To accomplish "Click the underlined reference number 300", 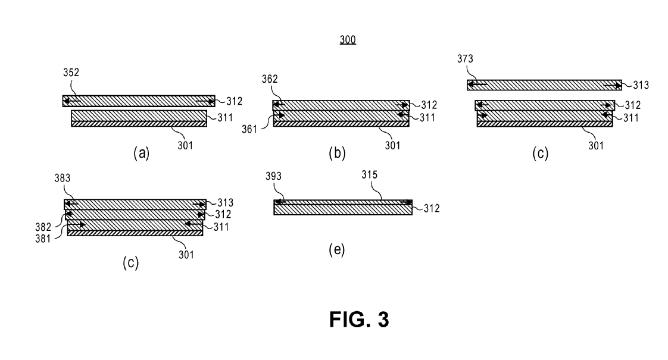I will tap(348, 41).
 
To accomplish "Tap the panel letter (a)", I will tap(141, 154).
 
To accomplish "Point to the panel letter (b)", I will tap(337, 154).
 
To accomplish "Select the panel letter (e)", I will tap(336, 249).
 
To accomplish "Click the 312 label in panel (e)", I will tap(429, 207).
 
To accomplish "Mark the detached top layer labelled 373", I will tap(544, 85).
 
